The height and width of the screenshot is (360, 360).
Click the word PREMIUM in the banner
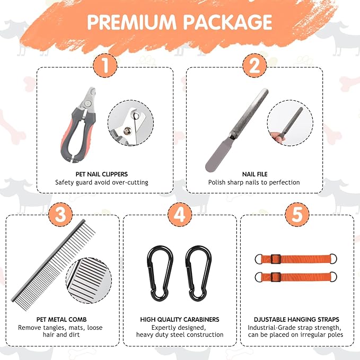point(131,22)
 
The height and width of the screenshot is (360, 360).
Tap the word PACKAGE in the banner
point(227,22)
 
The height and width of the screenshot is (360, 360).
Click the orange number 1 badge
point(105,65)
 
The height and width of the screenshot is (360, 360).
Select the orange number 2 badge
point(254,65)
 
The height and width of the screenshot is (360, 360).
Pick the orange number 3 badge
point(60,214)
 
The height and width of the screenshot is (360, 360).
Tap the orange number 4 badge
point(180,214)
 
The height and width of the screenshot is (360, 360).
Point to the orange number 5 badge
point(297,214)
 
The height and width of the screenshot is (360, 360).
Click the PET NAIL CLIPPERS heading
point(102,174)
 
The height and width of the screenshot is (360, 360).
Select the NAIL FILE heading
point(255,174)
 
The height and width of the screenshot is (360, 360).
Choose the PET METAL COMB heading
point(62,319)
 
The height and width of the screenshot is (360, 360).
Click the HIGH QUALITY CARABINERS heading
point(180,319)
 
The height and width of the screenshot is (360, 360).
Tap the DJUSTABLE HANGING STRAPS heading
point(296,319)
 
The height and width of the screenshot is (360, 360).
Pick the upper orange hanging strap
point(296,259)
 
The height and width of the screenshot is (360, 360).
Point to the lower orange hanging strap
point(296,277)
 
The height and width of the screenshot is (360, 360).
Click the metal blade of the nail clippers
point(88,99)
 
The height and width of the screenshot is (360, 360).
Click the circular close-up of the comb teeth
point(89,280)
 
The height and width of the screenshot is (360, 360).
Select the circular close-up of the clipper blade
point(130,122)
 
